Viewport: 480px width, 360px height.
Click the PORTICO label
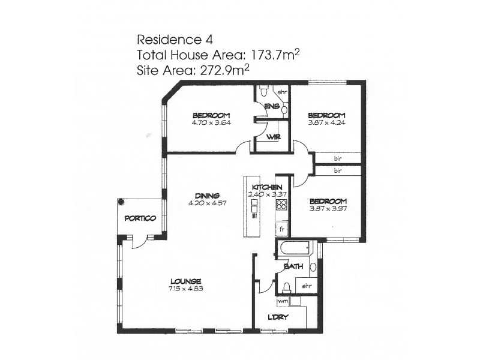[x=140, y=218]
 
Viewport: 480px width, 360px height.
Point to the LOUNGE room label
[x=185, y=281]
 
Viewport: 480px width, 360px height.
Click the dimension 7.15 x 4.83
[x=185, y=289]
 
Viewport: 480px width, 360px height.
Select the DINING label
[x=207, y=195]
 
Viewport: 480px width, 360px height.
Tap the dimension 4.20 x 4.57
[x=207, y=202]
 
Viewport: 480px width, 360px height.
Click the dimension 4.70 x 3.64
[x=211, y=122]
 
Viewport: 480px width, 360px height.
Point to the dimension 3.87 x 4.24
[x=327, y=122]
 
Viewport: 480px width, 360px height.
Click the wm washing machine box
[x=283, y=300]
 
